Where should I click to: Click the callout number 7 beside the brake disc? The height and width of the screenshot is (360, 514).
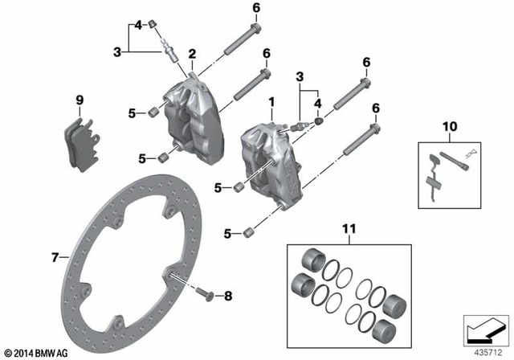click(x=55, y=258)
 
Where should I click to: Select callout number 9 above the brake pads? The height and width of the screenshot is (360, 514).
click(x=80, y=100)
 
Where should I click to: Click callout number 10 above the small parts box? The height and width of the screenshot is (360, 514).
click(x=448, y=127)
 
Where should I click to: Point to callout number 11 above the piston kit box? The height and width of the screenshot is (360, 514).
click(x=348, y=229)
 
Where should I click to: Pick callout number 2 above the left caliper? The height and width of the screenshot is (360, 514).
click(x=192, y=54)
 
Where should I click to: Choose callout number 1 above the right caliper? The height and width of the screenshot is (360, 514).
click(x=271, y=103)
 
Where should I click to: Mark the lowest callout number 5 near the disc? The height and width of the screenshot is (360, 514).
click(x=227, y=234)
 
